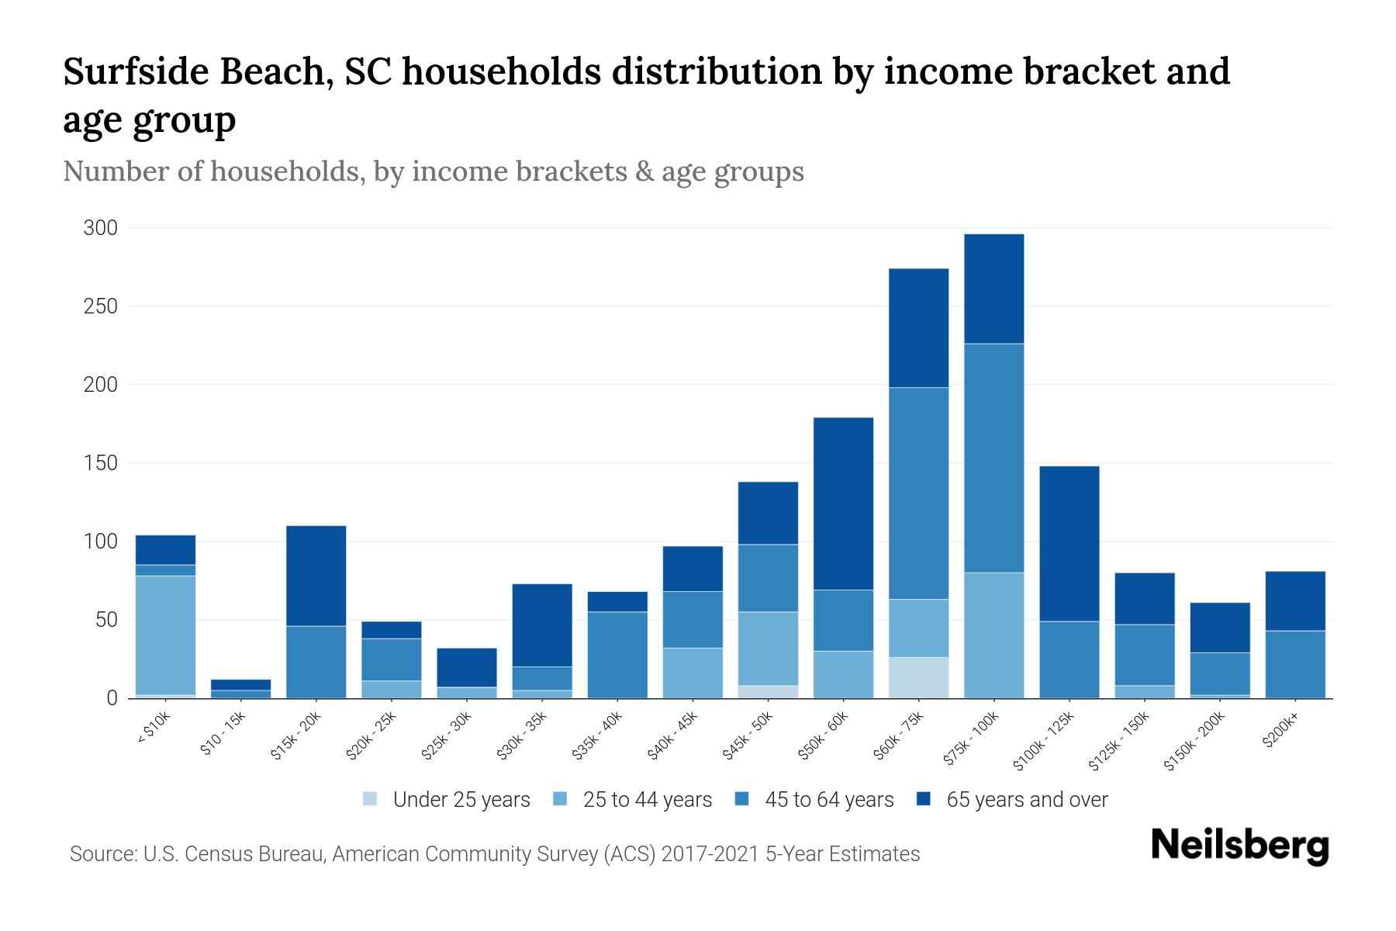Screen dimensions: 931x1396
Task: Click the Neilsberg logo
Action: [1239, 845]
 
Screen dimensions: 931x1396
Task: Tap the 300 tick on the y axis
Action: [101, 228]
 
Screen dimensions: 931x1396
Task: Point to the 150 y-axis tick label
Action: [101, 463]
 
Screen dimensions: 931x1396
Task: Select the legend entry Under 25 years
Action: [461, 800]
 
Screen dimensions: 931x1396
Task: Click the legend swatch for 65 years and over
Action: [924, 799]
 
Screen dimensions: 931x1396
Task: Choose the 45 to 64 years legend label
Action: [828, 800]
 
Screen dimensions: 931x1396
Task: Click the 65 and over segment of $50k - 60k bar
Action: [843, 504]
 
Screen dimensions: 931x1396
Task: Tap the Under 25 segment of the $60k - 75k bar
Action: [918, 677]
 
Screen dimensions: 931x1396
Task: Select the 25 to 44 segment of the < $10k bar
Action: [165, 635]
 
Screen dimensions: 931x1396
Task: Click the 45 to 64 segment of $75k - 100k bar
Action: [993, 458]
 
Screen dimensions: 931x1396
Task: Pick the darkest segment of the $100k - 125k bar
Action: [1069, 543]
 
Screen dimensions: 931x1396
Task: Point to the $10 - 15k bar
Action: [240, 689]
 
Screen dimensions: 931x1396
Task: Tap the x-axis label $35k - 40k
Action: [598, 738]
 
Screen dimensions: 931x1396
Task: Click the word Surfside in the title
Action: [136, 72]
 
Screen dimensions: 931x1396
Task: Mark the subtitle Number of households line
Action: [433, 171]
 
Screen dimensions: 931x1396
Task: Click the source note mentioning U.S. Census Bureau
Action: [494, 854]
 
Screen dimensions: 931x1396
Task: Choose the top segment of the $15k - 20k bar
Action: [316, 576]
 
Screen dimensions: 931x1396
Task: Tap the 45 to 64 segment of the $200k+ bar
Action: [1294, 664]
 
